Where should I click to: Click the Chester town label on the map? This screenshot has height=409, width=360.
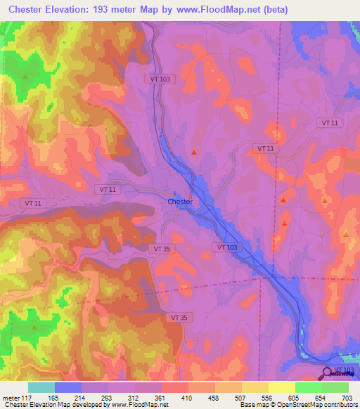coord(180,202)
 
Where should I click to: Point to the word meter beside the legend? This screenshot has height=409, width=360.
coord(11,397)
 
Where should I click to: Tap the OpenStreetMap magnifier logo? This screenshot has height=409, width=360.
coord(328,372)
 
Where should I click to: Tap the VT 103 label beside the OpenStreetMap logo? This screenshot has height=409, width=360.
coord(345,370)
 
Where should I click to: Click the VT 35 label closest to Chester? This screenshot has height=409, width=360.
coord(162,248)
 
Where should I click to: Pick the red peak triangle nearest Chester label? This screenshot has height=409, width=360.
coord(195,151)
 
